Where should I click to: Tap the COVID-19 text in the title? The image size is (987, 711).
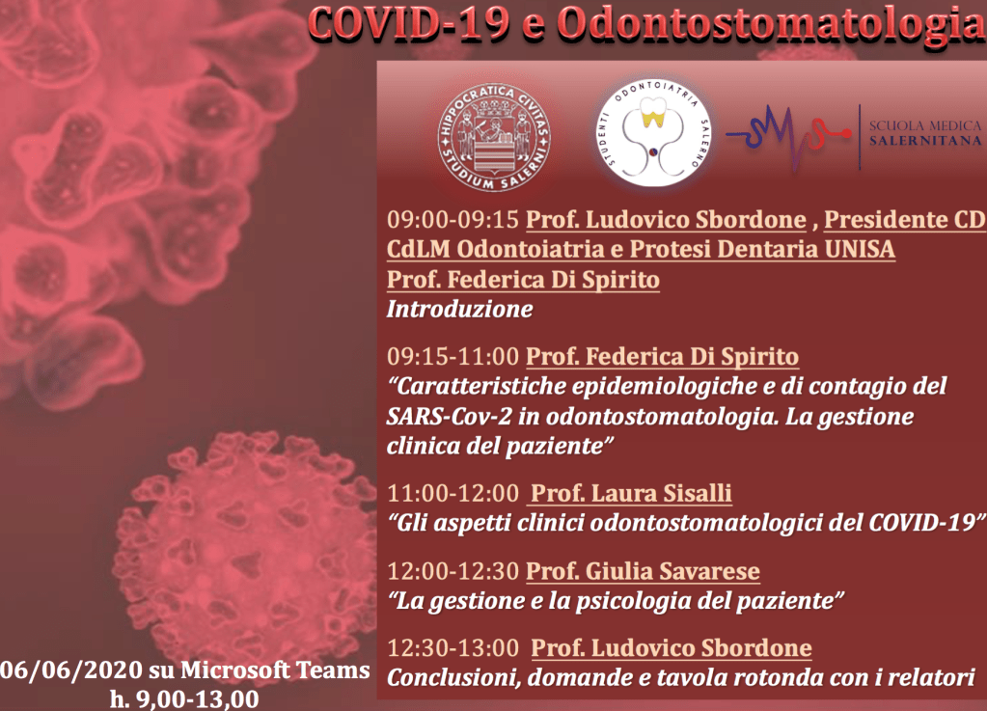tap(408, 24)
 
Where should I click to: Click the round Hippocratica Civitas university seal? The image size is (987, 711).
tap(494, 138)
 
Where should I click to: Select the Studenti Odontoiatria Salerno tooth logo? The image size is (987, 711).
tap(654, 132)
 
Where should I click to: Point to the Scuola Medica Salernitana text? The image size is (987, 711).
tap(925, 133)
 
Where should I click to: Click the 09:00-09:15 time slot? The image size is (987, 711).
tap(452, 220)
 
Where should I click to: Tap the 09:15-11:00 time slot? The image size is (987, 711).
tap(452, 357)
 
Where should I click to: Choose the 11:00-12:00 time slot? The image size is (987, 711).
tap(452, 493)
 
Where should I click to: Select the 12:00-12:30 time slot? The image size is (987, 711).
tap(452, 571)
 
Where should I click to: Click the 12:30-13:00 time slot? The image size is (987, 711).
tap(452, 648)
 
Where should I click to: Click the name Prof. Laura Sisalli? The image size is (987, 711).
tap(631, 493)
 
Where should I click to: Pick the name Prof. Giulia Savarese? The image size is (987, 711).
tap(643, 571)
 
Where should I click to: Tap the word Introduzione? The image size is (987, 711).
tap(459, 309)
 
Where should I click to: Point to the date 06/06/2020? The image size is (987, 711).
tap(71, 670)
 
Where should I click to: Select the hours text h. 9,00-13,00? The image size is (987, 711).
tap(184, 699)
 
